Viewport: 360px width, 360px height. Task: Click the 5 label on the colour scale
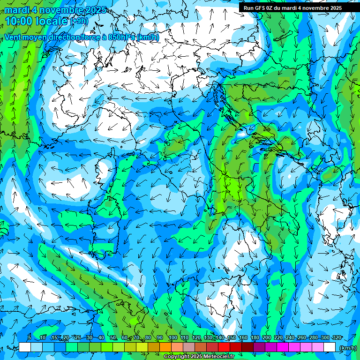(29, 338)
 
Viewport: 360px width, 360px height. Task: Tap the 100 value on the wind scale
(172, 338)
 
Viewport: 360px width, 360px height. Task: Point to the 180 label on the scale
(255, 338)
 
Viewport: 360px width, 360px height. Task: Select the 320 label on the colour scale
(337, 338)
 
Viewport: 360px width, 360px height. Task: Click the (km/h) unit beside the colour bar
(348, 348)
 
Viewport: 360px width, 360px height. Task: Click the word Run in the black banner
(248, 8)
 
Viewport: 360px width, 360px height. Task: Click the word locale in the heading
(52, 21)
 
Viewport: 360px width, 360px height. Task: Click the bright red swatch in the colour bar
(224, 347)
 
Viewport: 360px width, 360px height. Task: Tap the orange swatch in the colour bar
(165, 347)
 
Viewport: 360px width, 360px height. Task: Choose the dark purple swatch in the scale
(259, 347)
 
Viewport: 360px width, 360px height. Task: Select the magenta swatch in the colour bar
(283, 347)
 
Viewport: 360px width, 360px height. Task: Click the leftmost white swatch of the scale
(25, 347)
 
